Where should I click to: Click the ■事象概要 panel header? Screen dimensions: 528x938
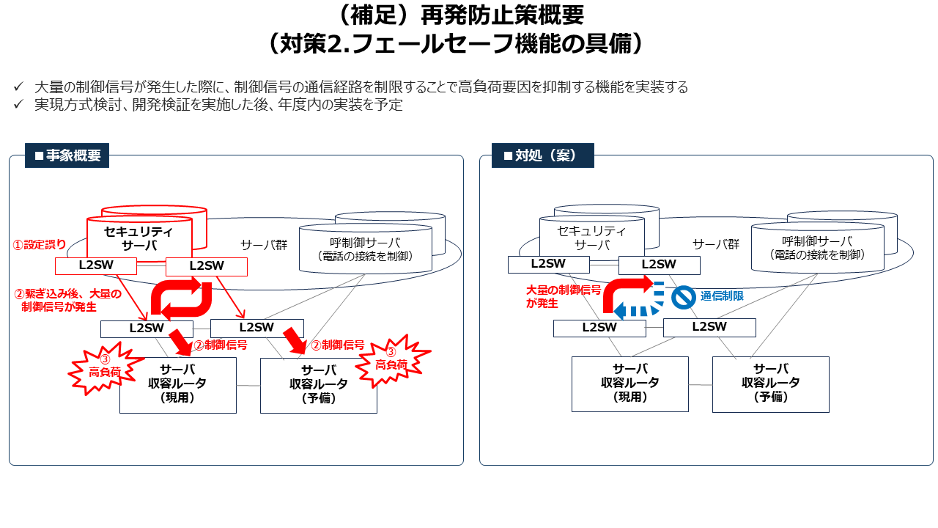click(x=67, y=155)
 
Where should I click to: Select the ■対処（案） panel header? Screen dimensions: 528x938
click(x=542, y=155)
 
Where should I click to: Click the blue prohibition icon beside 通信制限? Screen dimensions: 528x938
click(x=683, y=297)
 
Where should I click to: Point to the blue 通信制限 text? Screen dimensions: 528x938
click(x=722, y=296)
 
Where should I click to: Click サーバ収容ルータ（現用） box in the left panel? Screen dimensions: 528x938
click(x=178, y=384)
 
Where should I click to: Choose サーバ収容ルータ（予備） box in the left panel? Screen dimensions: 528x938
click(x=319, y=384)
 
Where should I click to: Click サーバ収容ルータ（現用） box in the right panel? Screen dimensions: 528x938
click(x=630, y=384)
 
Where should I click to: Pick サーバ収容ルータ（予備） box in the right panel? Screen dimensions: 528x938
click(x=771, y=384)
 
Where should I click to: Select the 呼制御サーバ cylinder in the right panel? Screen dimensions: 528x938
click(x=817, y=248)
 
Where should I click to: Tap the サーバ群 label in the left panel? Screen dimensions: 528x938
click(x=263, y=244)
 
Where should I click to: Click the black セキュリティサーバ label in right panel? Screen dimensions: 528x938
click(x=591, y=238)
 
